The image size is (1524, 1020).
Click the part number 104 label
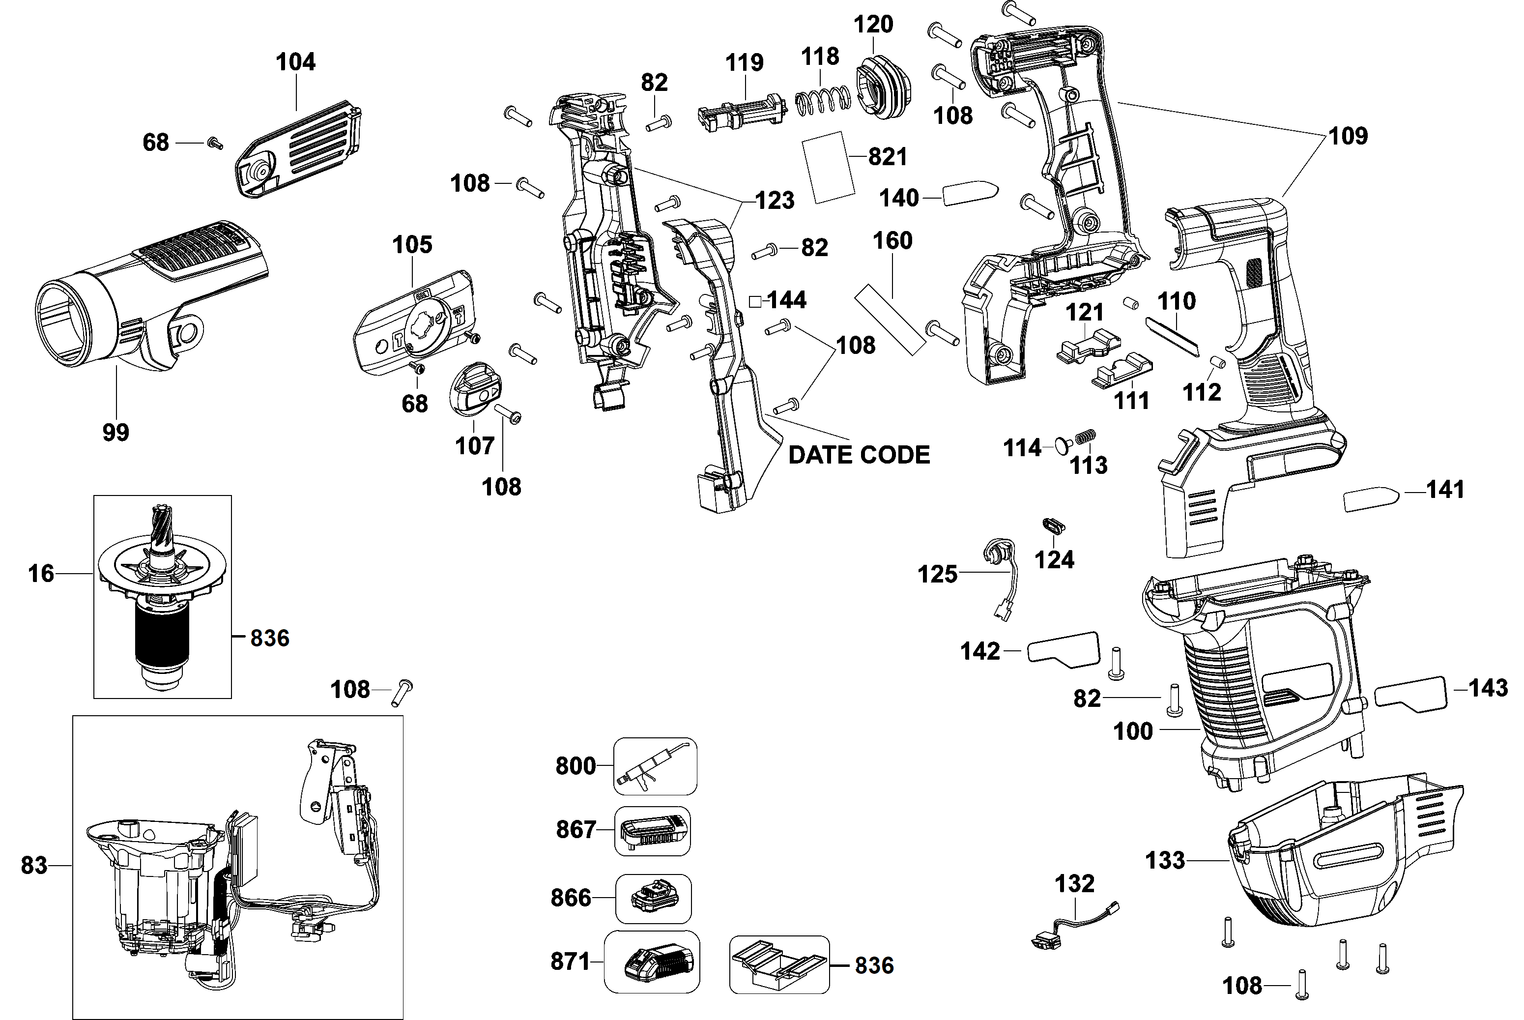pyautogui.click(x=295, y=62)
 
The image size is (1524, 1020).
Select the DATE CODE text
pyautogui.click(x=859, y=455)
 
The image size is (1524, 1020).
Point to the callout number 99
pyautogui.click(x=115, y=432)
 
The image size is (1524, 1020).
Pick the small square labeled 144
pyautogui.click(x=755, y=301)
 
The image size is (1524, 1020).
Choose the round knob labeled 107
pyautogui.click(x=475, y=388)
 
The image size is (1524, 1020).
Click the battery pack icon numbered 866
pyautogui.click(x=654, y=899)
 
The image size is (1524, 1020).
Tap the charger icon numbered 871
pyautogui.click(x=652, y=961)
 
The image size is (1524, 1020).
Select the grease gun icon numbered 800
pyautogui.click(x=655, y=766)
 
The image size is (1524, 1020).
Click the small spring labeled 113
pyautogui.click(x=1085, y=437)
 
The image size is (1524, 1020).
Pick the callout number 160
pyautogui.click(x=892, y=241)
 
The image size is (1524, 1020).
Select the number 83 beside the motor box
pyautogui.click(x=34, y=865)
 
